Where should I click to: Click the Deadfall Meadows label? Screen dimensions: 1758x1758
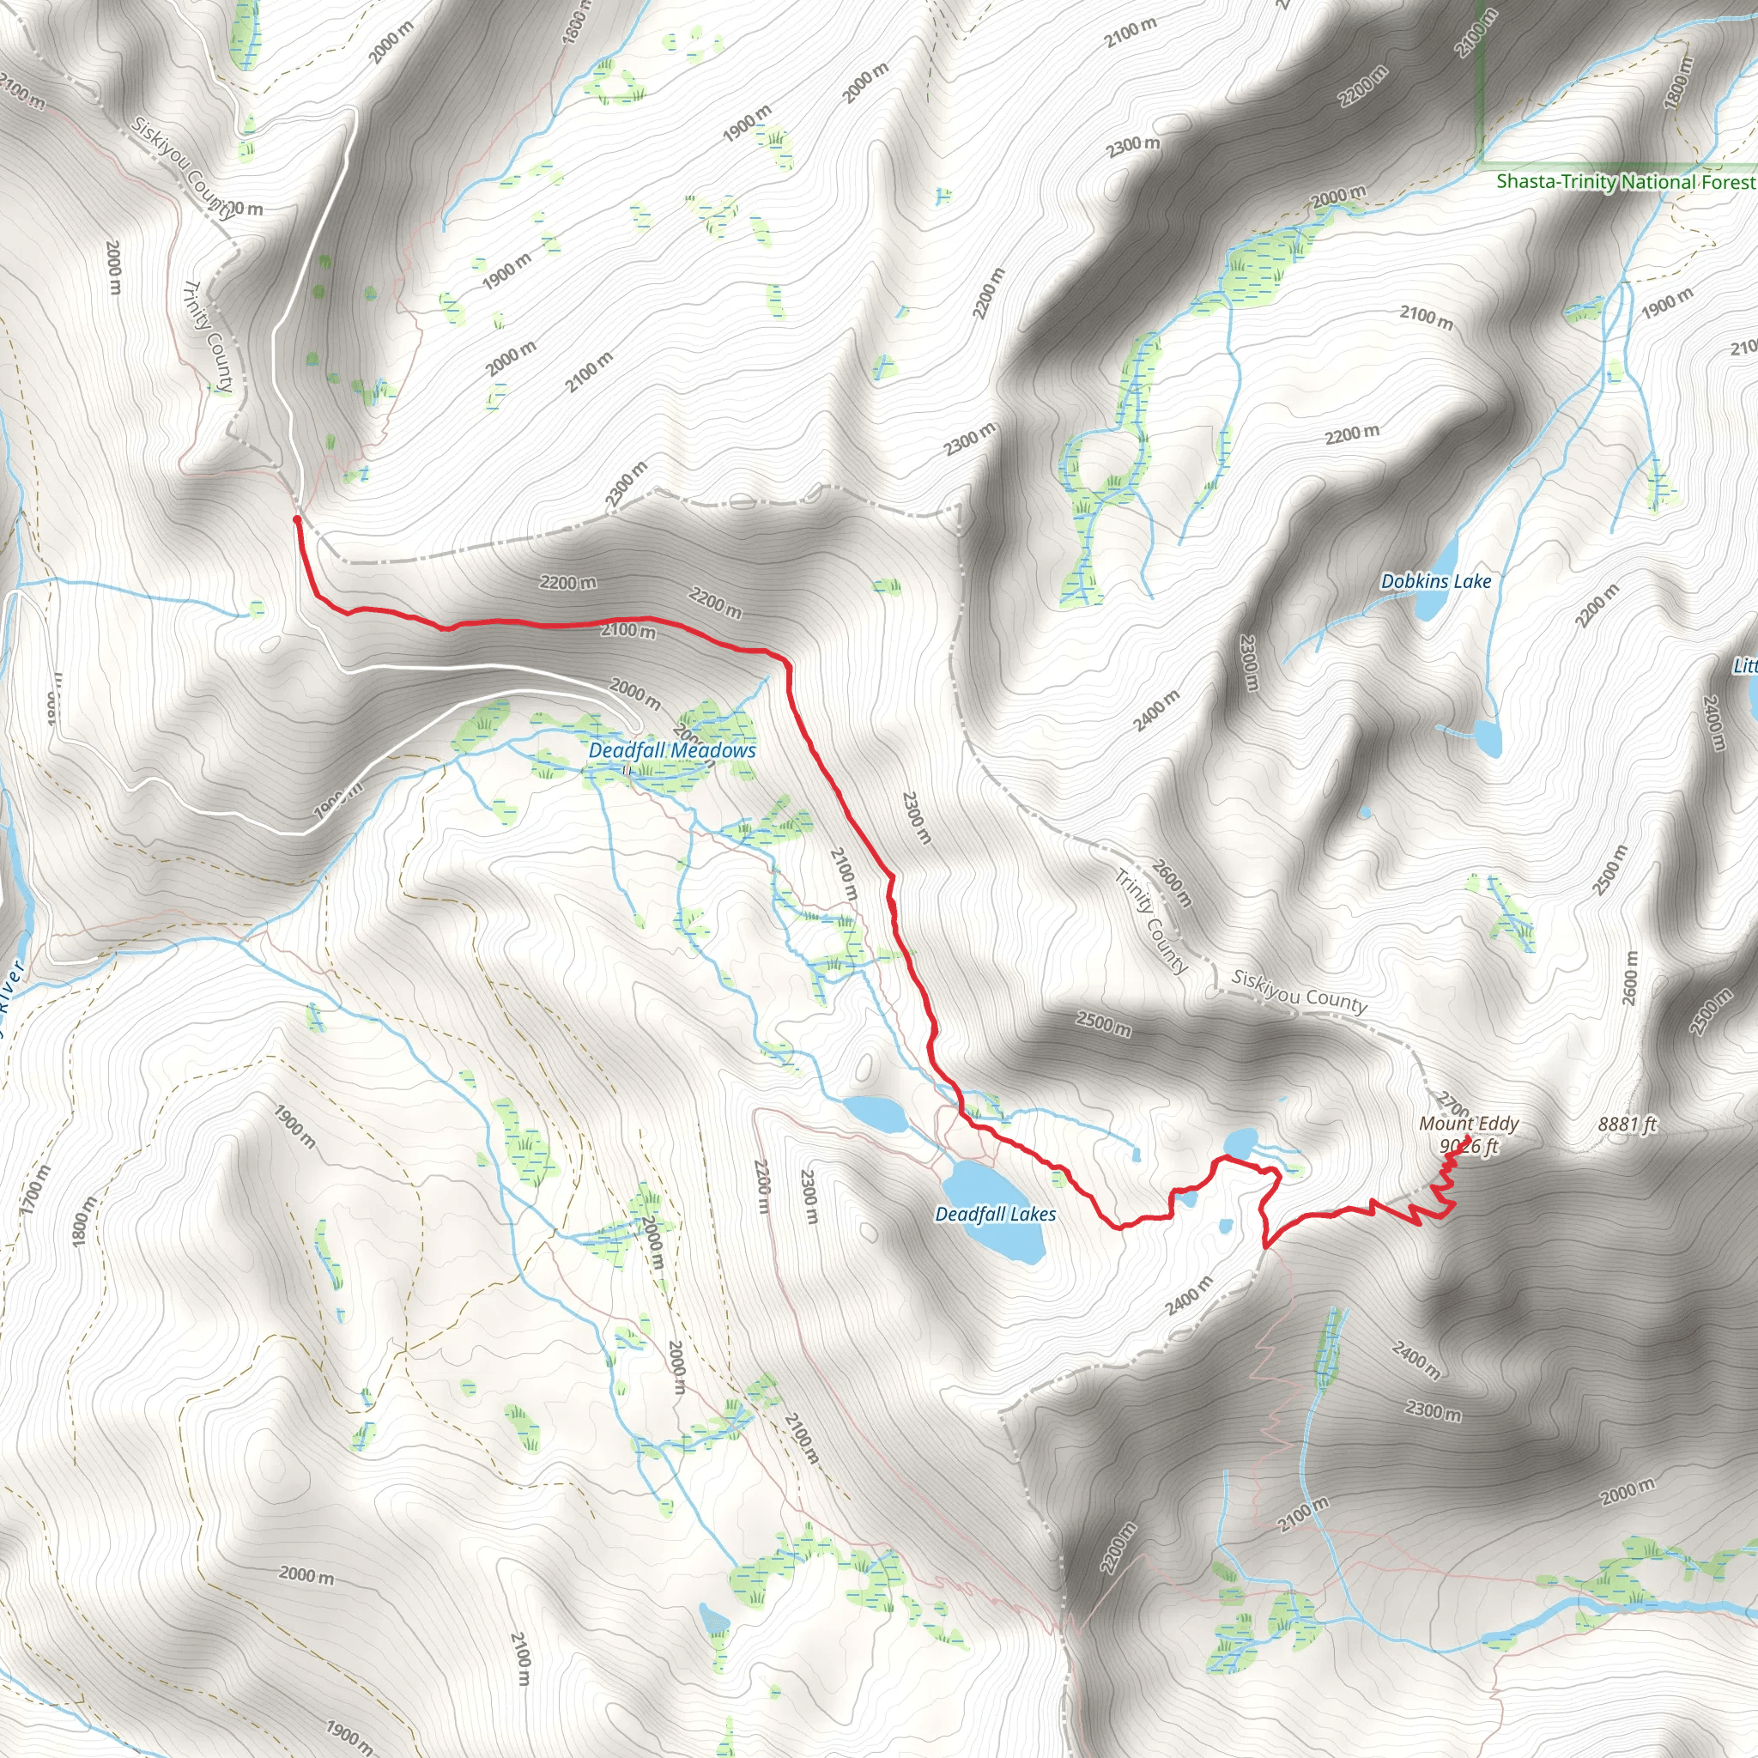pyautogui.click(x=671, y=751)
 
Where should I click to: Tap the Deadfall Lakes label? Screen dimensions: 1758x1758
pyautogui.click(x=996, y=1214)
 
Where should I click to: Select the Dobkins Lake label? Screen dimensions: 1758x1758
pyautogui.click(x=1436, y=580)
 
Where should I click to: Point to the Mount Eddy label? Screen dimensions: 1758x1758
pyautogui.click(x=1469, y=1124)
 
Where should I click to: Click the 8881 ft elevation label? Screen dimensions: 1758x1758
pyautogui.click(x=1627, y=1125)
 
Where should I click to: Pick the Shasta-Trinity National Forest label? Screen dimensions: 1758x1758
pyautogui.click(x=1626, y=181)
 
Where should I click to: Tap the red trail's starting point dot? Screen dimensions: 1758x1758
pyautogui.click(x=297, y=518)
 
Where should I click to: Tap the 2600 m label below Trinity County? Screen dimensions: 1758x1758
pyautogui.click(x=1170, y=882)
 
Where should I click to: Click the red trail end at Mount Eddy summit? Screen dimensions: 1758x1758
pyautogui.click(x=1470, y=1137)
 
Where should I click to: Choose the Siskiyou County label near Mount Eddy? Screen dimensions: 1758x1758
pyautogui.click(x=1299, y=991)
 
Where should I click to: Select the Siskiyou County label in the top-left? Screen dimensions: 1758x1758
pyautogui.click(x=183, y=167)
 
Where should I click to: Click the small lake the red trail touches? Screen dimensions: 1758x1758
pyautogui.click(x=1241, y=1139)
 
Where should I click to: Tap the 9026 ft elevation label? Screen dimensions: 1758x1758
pyautogui.click(x=1469, y=1147)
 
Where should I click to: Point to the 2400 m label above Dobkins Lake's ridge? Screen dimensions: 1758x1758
pyautogui.click(x=1155, y=711)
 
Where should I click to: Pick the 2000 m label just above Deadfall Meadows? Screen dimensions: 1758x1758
pyautogui.click(x=634, y=694)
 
